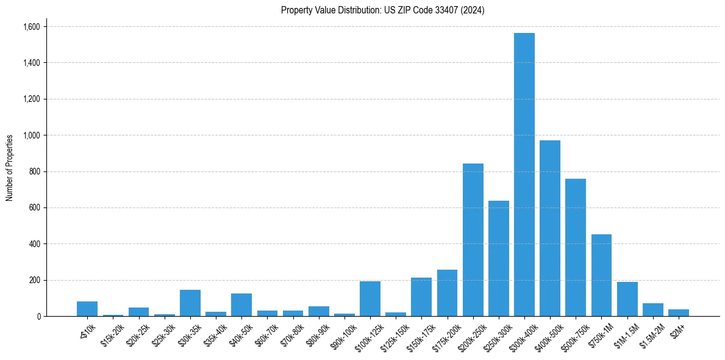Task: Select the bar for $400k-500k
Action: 550,228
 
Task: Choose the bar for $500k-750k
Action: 576,247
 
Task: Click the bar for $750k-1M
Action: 601,275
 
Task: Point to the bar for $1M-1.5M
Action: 627,299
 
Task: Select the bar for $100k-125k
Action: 370,299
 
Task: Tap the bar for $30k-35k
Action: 190,303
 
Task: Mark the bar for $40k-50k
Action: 241,305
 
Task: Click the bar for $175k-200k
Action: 447,293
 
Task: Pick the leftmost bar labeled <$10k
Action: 87,309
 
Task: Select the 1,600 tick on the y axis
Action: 31,27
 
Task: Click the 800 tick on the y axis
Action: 34,171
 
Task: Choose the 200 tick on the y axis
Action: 34,280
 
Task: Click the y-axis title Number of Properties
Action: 9,168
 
